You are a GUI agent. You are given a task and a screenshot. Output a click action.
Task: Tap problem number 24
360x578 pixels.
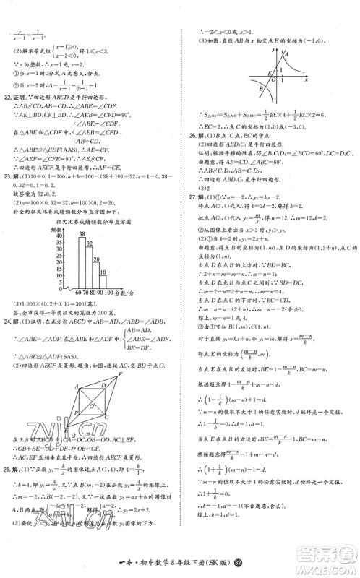[x=9, y=319]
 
